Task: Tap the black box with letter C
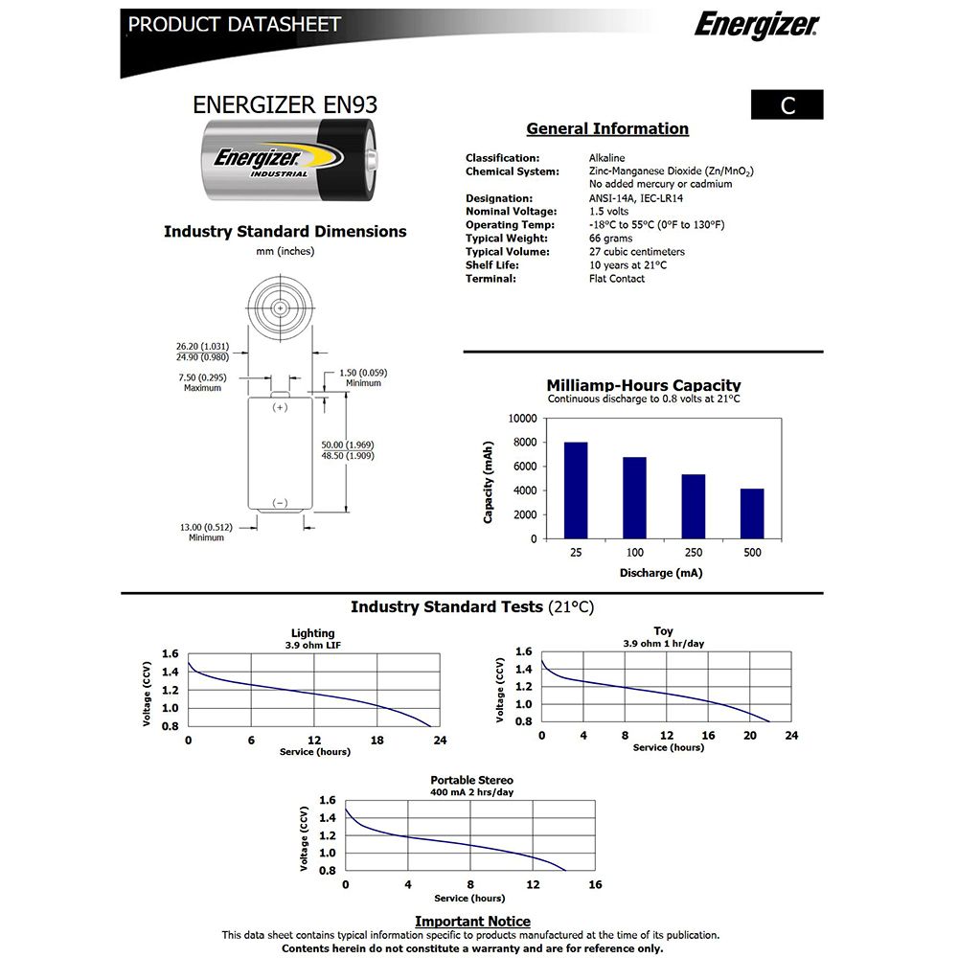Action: [x=787, y=105]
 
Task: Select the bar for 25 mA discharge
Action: [x=576, y=490]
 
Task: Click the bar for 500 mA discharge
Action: [x=752, y=513]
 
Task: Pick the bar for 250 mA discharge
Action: [x=694, y=506]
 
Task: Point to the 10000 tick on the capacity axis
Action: [x=522, y=419]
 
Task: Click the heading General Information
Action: [x=607, y=129]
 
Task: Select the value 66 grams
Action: [x=609, y=239]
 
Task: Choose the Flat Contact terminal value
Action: [x=617, y=279]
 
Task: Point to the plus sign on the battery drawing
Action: [x=280, y=407]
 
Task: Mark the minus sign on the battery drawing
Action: [x=280, y=503]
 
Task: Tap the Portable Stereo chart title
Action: [x=471, y=780]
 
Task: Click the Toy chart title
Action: [x=663, y=631]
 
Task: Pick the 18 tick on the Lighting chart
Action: [x=376, y=741]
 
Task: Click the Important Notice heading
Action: [x=472, y=922]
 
